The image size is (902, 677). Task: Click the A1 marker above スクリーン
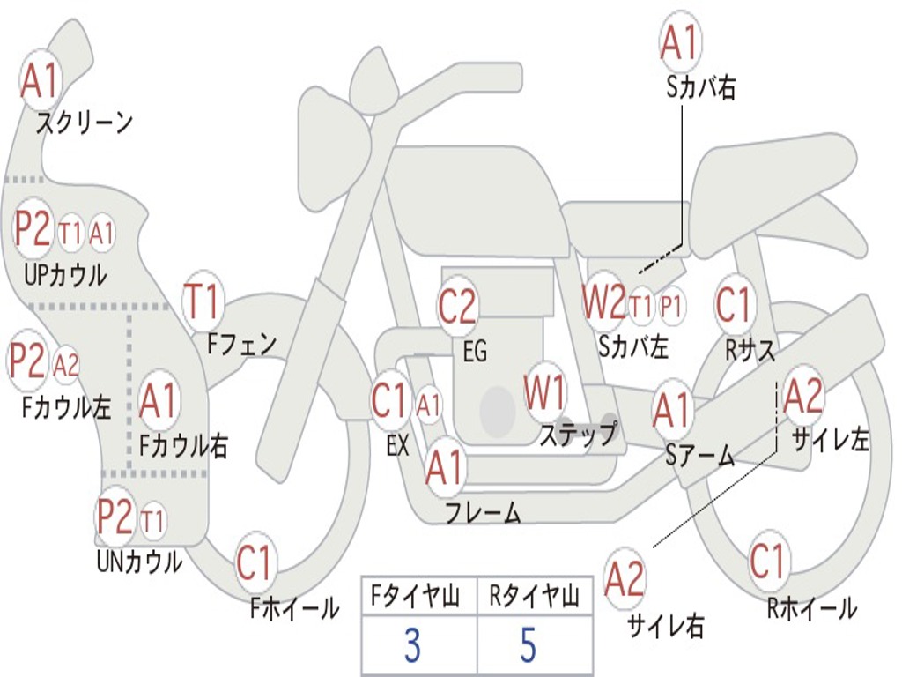pos(41,81)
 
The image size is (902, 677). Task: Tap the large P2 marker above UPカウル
pos(33,228)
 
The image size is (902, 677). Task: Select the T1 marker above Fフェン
pos(203,301)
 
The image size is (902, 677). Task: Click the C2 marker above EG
pos(458,306)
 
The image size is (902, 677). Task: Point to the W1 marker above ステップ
pos(544,392)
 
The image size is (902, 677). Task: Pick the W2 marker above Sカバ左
pos(603,302)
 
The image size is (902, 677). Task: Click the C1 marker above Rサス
pos(734,304)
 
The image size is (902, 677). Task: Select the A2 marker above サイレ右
pos(625,578)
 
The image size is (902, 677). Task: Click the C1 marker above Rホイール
pos(768,561)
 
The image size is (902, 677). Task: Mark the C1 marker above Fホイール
pos(254,563)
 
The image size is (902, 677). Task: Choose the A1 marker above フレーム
pos(445,467)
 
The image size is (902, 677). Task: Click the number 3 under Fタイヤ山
pos(412,645)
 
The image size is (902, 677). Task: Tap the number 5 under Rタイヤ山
pos(529,645)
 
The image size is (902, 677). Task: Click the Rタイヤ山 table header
pos(535,596)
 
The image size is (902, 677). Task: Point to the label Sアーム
pos(700,456)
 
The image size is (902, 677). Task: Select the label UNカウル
pos(140,562)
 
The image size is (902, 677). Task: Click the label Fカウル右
pos(183,445)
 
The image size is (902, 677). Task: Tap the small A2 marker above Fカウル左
pos(66,365)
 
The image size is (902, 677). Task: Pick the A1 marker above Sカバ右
pos(681,42)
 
